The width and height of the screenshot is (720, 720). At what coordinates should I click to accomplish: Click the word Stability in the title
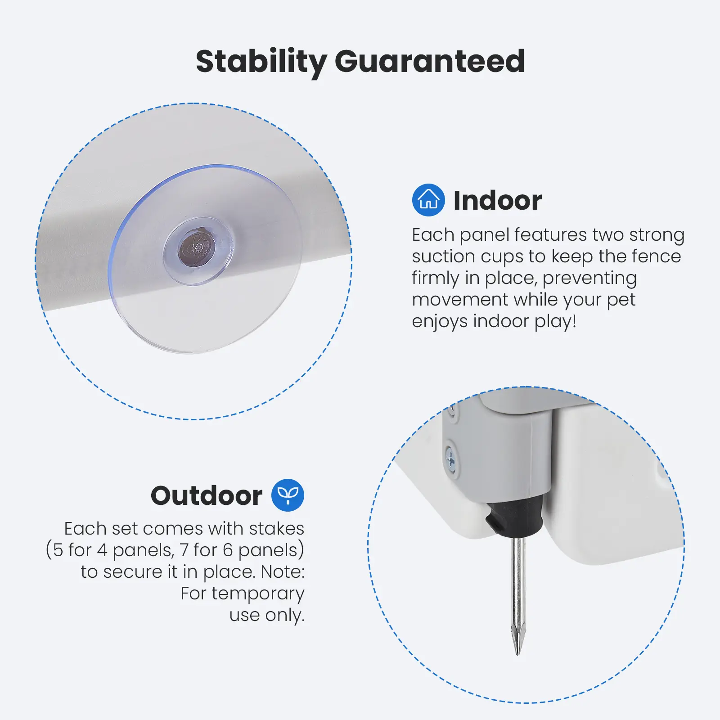pyautogui.click(x=261, y=62)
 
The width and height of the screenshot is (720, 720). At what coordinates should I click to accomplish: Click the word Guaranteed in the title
pyautogui.click(x=430, y=61)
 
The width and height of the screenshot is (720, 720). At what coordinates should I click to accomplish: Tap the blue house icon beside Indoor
pyautogui.click(x=428, y=200)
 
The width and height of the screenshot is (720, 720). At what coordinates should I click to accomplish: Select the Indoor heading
pyautogui.click(x=497, y=200)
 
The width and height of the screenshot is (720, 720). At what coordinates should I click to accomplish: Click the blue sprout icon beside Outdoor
pyautogui.click(x=288, y=495)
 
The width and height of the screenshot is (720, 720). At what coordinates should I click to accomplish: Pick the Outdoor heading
pyautogui.click(x=207, y=495)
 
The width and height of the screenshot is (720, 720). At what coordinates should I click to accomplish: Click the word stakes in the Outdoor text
pyautogui.click(x=277, y=528)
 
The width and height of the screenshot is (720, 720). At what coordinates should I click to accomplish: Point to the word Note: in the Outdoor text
pyautogui.click(x=283, y=571)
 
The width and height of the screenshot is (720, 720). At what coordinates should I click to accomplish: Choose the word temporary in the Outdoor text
pyautogui.click(x=258, y=594)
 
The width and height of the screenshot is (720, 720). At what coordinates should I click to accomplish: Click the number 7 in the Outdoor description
pyautogui.click(x=184, y=550)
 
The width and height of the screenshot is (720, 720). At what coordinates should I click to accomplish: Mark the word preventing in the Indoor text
pyautogui.click(x=589, y=279)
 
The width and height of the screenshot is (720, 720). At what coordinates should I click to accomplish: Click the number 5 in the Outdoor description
pyautogui.click(x=58, y=550)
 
